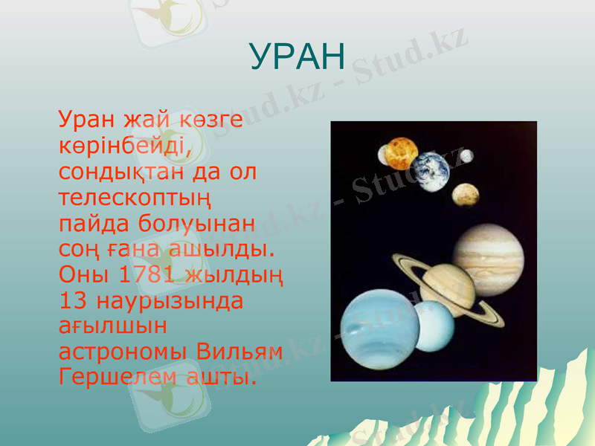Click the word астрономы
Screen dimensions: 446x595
(x=123, y=351)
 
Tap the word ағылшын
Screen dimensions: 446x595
(x=113, y=326)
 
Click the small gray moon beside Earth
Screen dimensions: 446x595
(x=466, y=156)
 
